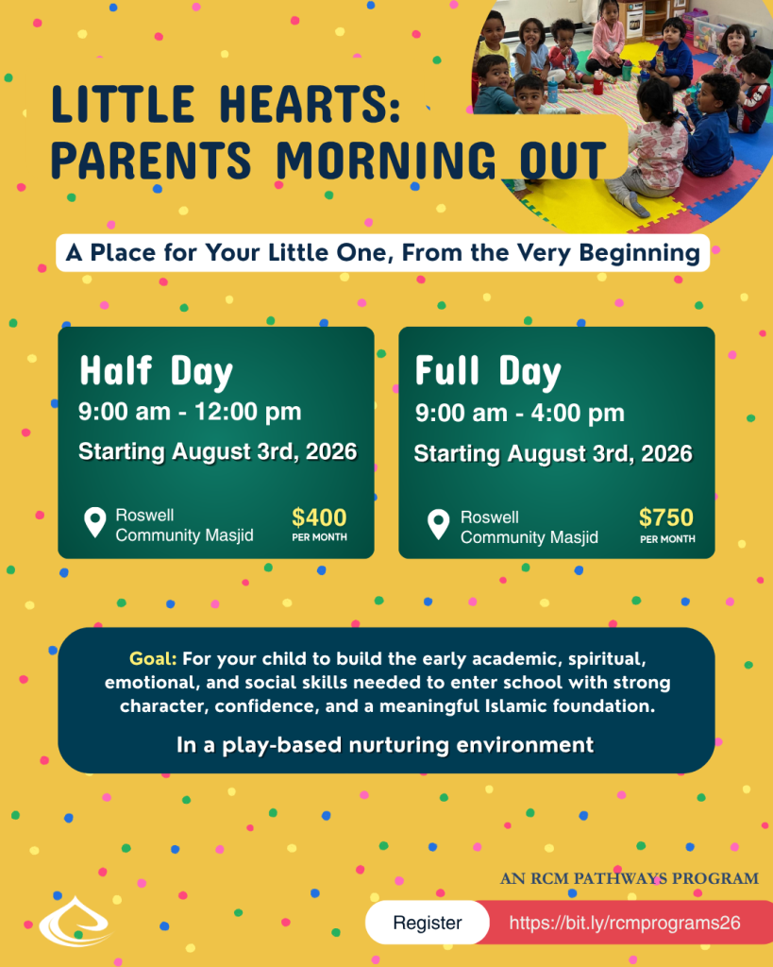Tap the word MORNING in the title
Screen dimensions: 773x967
[386, 160]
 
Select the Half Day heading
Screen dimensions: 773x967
[156, 372]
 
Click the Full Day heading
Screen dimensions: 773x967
[488, 372]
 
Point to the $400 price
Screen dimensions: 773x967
[319, 517]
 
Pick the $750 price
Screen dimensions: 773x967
[666, 517]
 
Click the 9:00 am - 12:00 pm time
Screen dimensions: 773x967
[190, 412]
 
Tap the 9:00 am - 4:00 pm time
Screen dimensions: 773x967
[520, 414]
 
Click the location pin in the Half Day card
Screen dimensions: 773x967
[95, 521]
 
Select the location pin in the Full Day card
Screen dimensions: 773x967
[438, 524]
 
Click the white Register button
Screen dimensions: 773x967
[428, 923]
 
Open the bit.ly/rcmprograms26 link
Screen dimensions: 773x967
[625, 923]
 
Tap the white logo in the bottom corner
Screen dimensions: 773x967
[75, 923]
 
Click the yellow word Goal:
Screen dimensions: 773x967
[153, 659]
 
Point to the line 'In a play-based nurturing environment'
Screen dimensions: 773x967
[385, 745]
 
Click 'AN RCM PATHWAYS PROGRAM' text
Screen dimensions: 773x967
[630, 878]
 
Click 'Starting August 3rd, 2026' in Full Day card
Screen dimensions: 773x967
[553, 454]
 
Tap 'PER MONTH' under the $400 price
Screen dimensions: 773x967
[319, 537]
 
